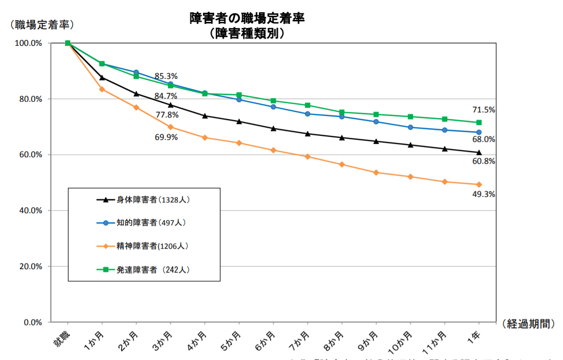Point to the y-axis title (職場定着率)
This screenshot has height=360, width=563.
[x=42, y=24]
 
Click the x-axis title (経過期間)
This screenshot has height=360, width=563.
[x=529, y=324]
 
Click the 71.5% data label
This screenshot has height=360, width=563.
[x=483, y=110]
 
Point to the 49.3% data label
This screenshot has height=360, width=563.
[x=483, y=194]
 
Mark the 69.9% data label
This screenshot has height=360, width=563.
[x=166, y=137]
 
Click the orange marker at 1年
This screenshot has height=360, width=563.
[x=479, y=185]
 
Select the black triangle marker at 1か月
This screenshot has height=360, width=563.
[x=102, y=77]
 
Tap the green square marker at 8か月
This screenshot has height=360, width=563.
[x=342, y=112]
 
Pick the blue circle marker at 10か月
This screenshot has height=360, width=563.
[x=410, y=127]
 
